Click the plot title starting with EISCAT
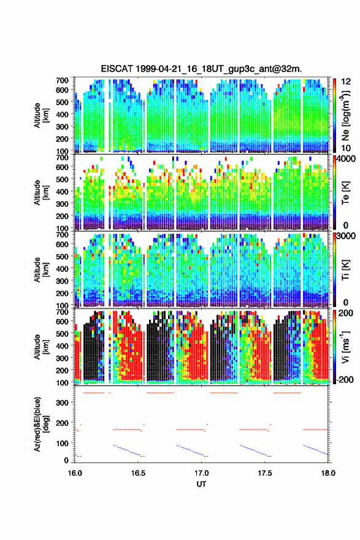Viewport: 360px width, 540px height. coord(201,69)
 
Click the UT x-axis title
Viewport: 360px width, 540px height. coord(201,484)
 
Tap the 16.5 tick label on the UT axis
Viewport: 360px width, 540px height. coord(138,473)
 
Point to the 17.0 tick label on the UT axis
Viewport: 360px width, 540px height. coord(201,473)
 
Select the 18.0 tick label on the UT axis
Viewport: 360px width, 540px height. coord(328,473)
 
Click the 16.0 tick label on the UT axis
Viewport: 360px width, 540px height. coord(75,473)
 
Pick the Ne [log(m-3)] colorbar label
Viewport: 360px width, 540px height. coord(345,115)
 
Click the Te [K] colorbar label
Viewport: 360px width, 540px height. coord(345,193)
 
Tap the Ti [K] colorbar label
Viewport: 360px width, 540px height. coord(345,270)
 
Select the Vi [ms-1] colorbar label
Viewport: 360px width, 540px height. coord(345,347)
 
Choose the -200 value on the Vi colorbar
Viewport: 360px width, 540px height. coord(345,379)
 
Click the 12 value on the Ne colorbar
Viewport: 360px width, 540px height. coord(346,82)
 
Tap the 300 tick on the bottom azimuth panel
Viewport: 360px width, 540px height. coord(63,403)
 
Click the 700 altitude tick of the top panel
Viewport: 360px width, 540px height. coord(63,80)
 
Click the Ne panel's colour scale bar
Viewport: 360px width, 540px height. coord(334,115)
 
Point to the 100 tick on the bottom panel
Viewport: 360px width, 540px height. coord(63,443)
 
